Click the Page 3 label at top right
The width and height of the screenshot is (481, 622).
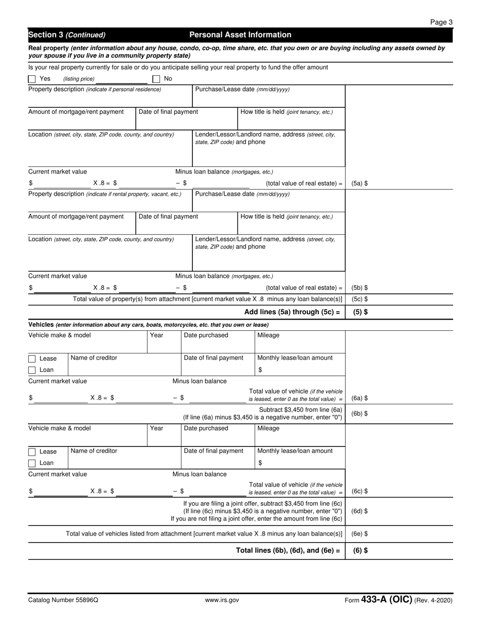[x=441, y=22]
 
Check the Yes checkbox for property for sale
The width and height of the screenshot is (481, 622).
[x=32, y=79]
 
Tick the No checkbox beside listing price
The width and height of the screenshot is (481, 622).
[x=156, y=79]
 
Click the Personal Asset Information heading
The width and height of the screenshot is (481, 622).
[x=240, y=35]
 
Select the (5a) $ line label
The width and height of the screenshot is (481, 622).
[x=359, y=184]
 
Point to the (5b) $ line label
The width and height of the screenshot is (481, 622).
[x=359, y=288]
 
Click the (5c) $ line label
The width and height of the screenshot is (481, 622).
[x=359, y=299]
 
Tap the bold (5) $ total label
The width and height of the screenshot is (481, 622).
[x=360, y=312]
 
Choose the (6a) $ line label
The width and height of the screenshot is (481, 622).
[x=359, y=398]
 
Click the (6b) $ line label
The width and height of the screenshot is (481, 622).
[x=359, y=414]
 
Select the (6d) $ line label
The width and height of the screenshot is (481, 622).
[x=359, y=511]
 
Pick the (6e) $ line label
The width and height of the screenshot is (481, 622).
[x=359, y=534]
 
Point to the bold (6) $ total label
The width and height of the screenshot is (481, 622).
[x=360, y=550]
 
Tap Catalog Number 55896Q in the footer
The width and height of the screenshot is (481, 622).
[x=63, y=600]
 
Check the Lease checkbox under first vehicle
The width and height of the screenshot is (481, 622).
[x=32, y=359]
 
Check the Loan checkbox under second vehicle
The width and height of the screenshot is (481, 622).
[x=32, y=463]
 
